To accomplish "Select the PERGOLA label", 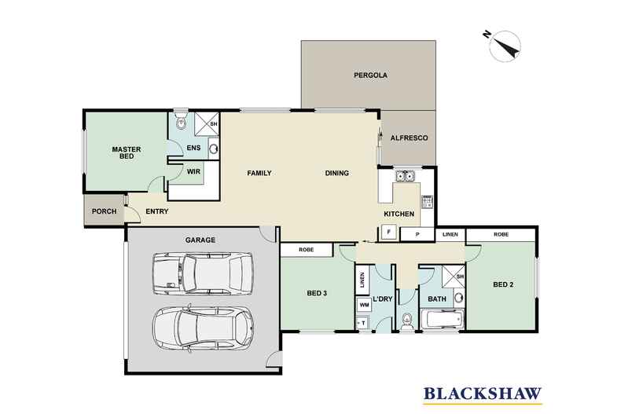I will (369, 76).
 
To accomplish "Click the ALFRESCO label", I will (409, 137).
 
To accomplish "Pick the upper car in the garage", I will (203, 272).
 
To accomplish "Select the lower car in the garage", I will (203, 327).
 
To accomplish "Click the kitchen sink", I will (406, 176).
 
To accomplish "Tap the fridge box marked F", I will (388, 232).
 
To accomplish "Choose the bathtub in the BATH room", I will (443, 320).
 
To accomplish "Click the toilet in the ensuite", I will (180, 121).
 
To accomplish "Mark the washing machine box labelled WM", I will (363, 303).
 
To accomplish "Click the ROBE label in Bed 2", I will (500, 234).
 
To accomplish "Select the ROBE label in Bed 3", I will (307, 250).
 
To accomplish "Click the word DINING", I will (337, 173).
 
